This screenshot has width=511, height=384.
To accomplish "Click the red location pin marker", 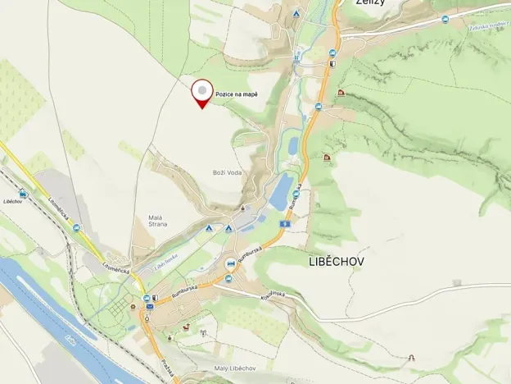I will tap(201, 92).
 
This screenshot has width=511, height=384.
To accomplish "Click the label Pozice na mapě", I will tap(237, 95).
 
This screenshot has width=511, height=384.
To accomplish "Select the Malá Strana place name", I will tap(158, 219).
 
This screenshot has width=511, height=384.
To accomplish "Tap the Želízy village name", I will tap(371, 3).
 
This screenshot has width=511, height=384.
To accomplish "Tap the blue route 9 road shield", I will tap(283, 224).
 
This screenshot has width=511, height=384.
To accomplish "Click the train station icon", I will tap(23, 194).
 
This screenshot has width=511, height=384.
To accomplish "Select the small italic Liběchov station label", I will tap(12, 202).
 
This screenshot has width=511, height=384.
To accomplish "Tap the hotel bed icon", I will tap(232, 264).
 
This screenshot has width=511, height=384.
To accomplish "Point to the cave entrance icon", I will tap(411, 359).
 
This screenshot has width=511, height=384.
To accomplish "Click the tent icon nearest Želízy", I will tap(296, 15).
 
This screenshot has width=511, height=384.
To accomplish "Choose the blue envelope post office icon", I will tap(151, 308).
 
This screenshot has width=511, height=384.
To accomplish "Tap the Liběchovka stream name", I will tap(166, 259).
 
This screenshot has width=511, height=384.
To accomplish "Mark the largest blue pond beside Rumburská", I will tap(281, 192).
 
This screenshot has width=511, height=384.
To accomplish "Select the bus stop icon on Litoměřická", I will tap(77, 227).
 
